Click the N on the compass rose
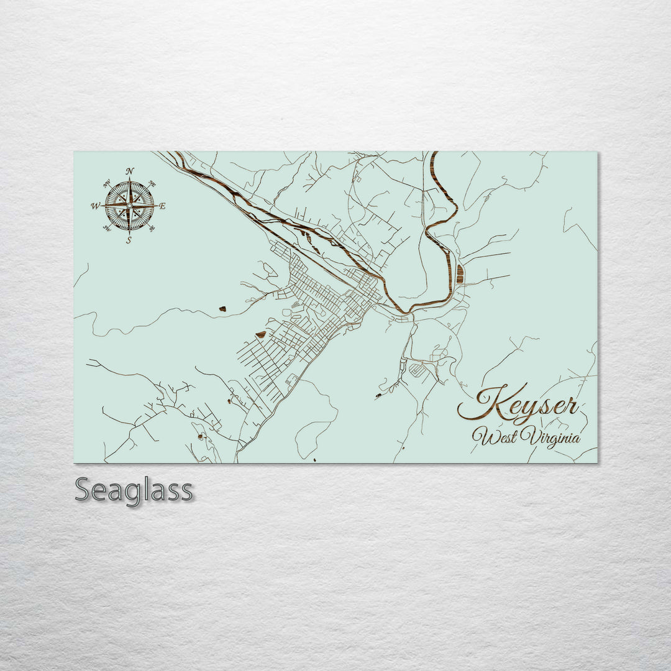click(129, 171)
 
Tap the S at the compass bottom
click(129, 240)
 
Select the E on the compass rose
click(163, 206)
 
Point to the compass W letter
click(96, 206)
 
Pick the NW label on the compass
click(106, 183)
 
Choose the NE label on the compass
click(152, 183)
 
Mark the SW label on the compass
click(106, 229)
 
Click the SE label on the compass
click(152, 229)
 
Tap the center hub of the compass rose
click(129, 205)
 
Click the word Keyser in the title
click(518, 406)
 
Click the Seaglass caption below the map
click(134, 490)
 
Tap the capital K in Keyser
click(480, 404)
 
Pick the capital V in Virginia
click(529, 436)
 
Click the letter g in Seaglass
click(132, 493)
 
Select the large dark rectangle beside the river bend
click(460, 274)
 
